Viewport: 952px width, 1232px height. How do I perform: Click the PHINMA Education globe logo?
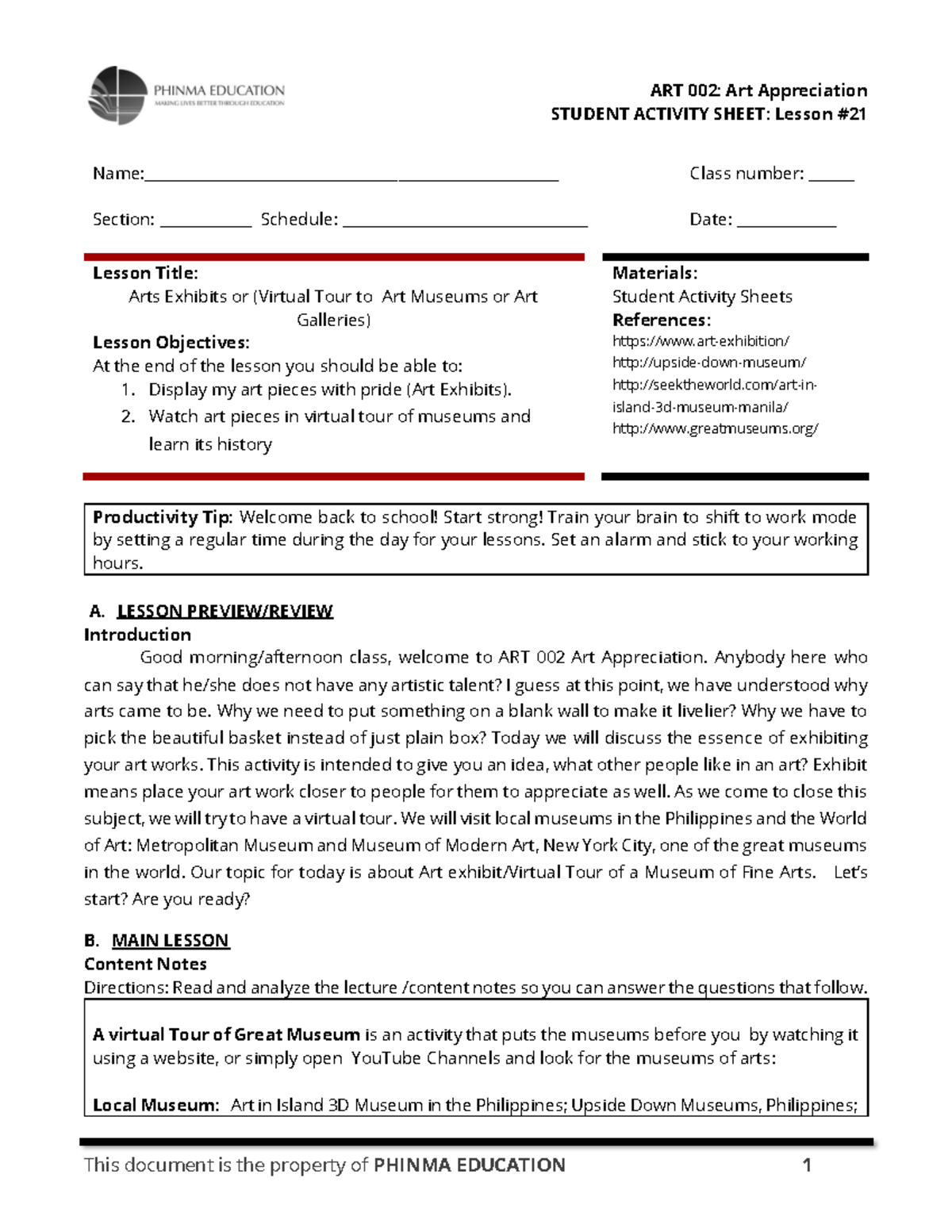click(117, 95)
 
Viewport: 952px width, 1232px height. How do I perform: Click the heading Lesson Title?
click(145, 273)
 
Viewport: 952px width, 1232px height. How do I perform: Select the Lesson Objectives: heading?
click(171, 343)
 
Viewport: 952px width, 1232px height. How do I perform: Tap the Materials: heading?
click(654, 273)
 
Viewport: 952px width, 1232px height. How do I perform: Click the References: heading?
click(662, 320)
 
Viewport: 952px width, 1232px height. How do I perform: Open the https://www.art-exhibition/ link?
click(701, 341)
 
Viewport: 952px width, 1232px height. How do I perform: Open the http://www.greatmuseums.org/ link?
click(715, 428)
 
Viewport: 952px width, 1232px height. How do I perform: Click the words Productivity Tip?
click(163, 517)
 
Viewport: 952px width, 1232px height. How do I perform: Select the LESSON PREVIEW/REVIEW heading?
click(225, 611)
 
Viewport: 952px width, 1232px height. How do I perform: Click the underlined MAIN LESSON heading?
click(170, 940)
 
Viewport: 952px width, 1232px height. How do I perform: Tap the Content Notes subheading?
click(145, 964)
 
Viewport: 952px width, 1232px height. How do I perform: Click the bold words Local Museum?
click(155, 1105)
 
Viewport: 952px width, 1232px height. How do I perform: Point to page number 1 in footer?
click(807, 1165)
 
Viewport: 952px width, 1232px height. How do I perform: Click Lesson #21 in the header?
click(820, 114)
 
